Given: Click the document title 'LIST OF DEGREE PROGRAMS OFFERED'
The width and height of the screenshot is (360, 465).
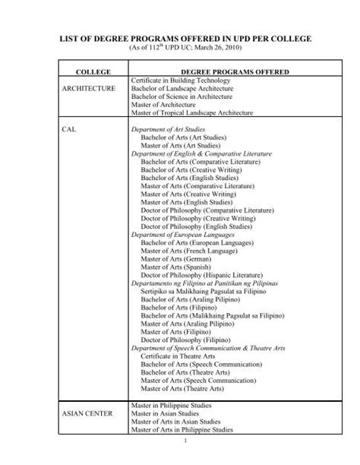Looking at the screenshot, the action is click(x=180, y=37).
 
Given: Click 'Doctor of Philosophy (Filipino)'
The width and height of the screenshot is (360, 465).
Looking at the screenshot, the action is click(x=188, y=340).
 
